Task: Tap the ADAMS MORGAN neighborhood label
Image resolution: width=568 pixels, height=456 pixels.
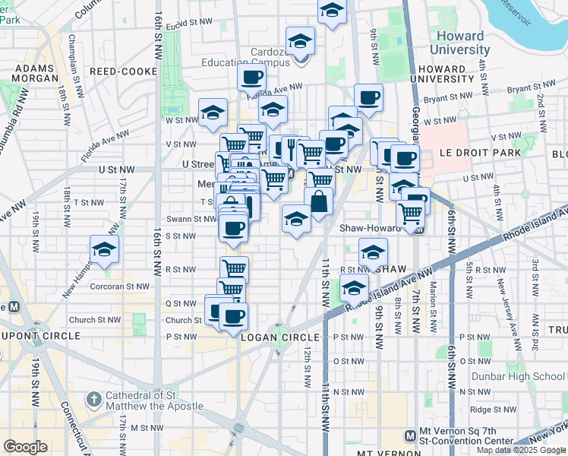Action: tap(33, 73)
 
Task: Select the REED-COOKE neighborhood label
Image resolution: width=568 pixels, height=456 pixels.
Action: tap(123, 71)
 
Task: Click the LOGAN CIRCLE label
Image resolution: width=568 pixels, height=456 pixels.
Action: tap(278, 337)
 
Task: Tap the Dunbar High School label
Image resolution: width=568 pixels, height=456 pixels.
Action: tap(527, 375)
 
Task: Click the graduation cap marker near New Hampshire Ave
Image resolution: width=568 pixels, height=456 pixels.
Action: tap(104, 249)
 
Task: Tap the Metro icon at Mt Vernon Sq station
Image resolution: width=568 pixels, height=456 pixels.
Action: tap(410, 435)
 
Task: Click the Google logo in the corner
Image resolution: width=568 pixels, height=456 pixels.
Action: tap(25, 447)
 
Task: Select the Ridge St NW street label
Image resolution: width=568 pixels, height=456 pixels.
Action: tap(488, 409)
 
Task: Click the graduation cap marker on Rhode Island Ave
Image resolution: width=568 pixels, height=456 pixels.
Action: tap(354, 289)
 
